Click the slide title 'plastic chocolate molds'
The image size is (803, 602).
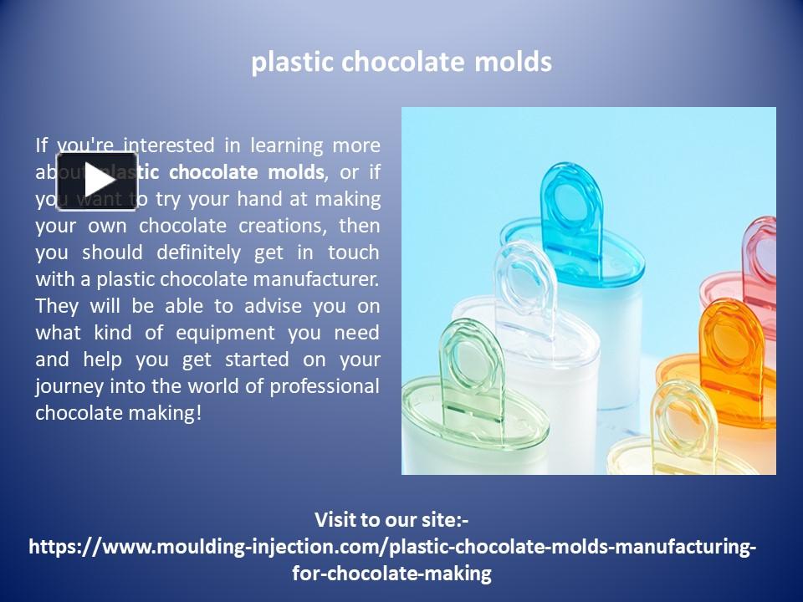pos(401,63)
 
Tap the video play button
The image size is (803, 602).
pos(97,181)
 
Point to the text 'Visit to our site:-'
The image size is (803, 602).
pos(391,520)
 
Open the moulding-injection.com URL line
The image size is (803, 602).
pos(392,547)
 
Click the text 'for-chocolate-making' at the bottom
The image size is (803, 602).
pos(391,574)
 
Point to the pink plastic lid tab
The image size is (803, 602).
pos(760,251)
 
